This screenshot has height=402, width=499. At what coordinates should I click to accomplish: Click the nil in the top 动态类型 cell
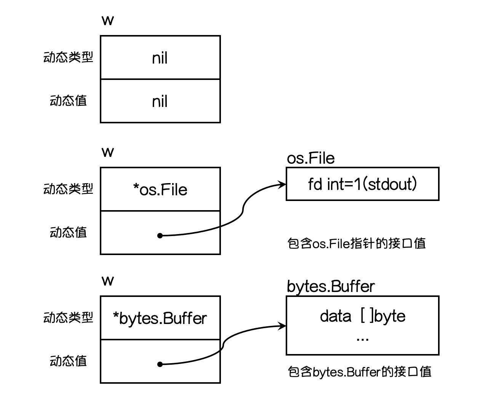(160, 58)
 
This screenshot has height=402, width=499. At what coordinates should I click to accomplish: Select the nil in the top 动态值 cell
(160, 101)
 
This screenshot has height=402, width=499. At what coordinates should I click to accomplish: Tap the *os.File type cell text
(160, 189)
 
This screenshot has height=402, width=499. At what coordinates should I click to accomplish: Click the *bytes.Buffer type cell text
(160, 318)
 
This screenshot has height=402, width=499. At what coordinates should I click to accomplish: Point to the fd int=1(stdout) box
(362, 184)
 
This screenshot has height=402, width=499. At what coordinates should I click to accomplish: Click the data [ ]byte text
(363, 316)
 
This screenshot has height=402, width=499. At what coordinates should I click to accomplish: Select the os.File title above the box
(311, 158)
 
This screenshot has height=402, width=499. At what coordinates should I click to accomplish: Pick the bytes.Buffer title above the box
(331, 287)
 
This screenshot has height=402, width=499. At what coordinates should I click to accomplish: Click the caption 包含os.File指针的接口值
(357, 243)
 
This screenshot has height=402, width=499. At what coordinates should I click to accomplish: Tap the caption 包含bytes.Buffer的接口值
(360, 372)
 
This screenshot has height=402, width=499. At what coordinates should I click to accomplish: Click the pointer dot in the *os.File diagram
(160, 236)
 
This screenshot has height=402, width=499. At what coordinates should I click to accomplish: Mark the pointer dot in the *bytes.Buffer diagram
(160, 364)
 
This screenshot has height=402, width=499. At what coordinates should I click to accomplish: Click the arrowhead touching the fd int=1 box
(282, 184)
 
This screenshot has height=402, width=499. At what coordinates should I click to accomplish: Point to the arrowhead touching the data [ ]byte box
(282, 326)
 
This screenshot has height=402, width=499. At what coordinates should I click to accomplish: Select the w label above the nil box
(108, 21)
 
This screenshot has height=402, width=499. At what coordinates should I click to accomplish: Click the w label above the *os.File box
(108, 152)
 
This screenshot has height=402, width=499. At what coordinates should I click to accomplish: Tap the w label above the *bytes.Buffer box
(108, 281)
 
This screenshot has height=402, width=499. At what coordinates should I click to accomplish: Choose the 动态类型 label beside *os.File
(68, 188)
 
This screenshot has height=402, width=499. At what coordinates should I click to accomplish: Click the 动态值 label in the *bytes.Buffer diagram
(68, 361)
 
